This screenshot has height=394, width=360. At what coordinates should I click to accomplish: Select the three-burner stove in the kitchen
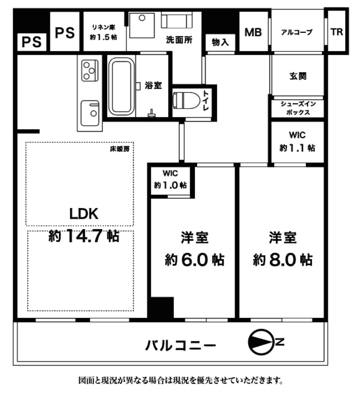pyautogui.click(x=90, y=70)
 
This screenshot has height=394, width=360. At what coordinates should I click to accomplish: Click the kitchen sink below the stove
pyautogui.click(x=90, y=110)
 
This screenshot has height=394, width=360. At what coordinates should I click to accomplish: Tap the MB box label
pyautogui.click(x=253, y=33)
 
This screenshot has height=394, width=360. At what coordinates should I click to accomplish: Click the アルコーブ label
pyautogui.click(x=297, y=33)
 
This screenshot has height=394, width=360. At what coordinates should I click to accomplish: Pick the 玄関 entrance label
pyautogui.click(x=297, y=76)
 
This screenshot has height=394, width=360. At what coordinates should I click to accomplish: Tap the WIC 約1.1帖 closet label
pyautogui.click(x=297, y=141)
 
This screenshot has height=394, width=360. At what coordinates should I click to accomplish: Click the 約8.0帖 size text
pyautogui.click(x=283, y=260)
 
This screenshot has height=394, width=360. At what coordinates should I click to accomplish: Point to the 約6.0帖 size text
pyautogui.click(x=194, y=260)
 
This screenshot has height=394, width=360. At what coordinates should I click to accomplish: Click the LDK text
pyautogui.click(x=84, y=214)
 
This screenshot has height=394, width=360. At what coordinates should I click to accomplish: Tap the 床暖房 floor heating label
pyautogui.click(x=120, y=149)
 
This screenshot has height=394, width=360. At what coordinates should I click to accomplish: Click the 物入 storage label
pyautogui.click(x=220, y=42)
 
